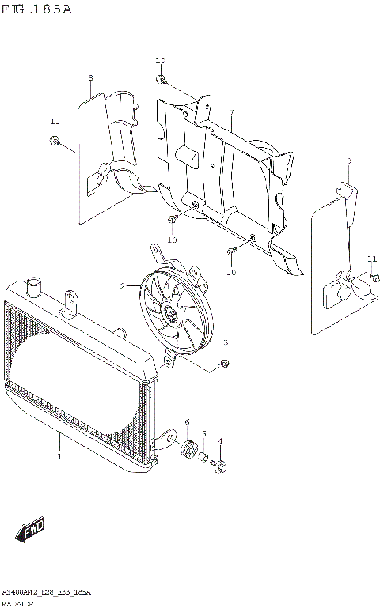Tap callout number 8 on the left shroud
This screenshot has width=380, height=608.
(x=91, y=77)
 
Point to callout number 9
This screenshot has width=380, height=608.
(x=348, y=161)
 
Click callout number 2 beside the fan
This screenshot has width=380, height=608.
(x=123, y=285)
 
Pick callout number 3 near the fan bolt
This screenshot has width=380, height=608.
(x=225, y=342)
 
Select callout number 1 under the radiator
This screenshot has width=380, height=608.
(x=59, y=456)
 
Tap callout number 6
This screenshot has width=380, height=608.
(x=187, y=422)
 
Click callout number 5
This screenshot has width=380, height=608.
(x=203, y=433)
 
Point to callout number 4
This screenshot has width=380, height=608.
(x=220, y=441)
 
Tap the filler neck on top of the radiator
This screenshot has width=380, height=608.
(x=33, y=285)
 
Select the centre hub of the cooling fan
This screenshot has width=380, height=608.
(x=170, y=316)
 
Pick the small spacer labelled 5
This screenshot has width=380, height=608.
(x=203, y=458)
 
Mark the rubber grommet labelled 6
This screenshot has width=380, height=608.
(x=188, y=449)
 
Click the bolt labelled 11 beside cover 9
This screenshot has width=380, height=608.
(x=373, y=278)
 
